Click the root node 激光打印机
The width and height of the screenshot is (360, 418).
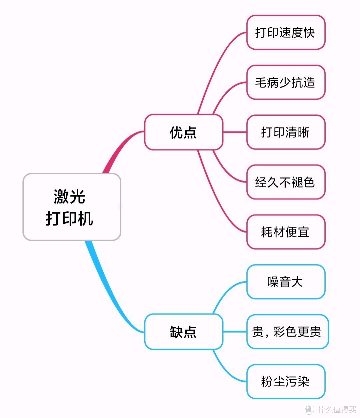(x=72, y=207)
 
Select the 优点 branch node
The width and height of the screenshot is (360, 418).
(x=183, y=132)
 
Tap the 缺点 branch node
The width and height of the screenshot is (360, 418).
(x=183, y=332)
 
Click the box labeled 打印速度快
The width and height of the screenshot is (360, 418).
(x=286, y=32)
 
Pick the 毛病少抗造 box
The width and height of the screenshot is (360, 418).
(x=286, y=82)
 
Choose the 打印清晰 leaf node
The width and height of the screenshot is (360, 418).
(x=286, y=132)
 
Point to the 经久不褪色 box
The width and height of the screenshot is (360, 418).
(x=286, y=182)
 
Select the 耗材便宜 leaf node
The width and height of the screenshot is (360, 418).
(x=286, y=232)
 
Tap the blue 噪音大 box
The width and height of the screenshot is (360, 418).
(x=286, y=282)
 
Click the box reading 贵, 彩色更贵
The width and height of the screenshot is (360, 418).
(x=287, y=332)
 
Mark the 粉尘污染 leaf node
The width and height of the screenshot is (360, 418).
(x=286, y=382)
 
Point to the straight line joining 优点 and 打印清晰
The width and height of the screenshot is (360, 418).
(x=235, y=132)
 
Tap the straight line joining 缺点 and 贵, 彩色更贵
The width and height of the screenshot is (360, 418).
(x=235, y=332)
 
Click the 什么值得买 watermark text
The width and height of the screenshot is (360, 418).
(x=337, y=409)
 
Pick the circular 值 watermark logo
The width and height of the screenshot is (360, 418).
(x=309, y=409)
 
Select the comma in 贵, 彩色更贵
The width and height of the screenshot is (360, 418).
(x=267, y=335)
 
